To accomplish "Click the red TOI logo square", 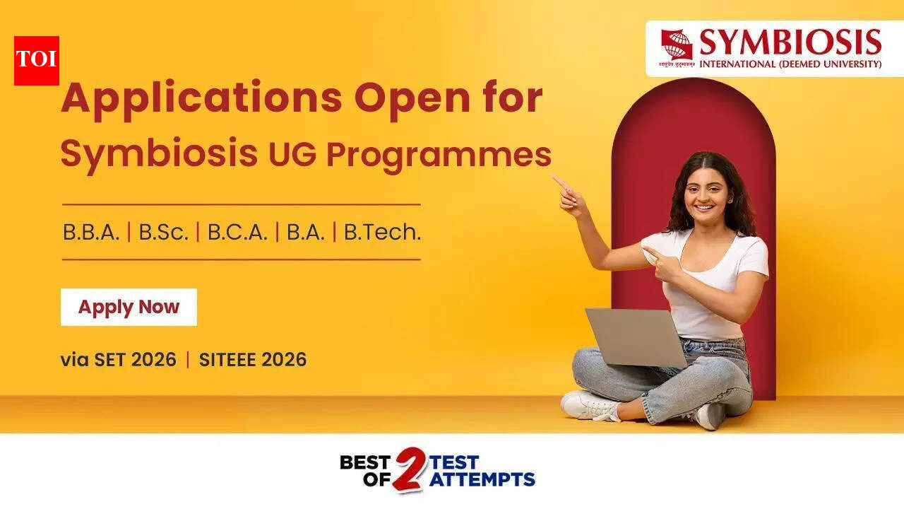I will (x=37, y=60).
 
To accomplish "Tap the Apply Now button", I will (x=129, y=307).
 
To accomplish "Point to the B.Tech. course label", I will (x=382, y=232).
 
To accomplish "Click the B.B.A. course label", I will (x=91, y=232).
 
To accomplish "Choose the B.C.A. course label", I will (x=237, y=232).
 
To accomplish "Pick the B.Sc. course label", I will (x=164, y=232).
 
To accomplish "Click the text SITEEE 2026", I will (x=253, y=360).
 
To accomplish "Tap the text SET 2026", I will (x=135, y=360).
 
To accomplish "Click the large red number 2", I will (x=409, y=469).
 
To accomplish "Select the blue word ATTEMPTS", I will (x=482, y=479).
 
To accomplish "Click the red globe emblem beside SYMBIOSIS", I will (x=677, y=45).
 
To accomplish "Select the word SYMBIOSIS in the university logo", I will (x=790, y=42).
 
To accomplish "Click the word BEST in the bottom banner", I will (x=365, y=462).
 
